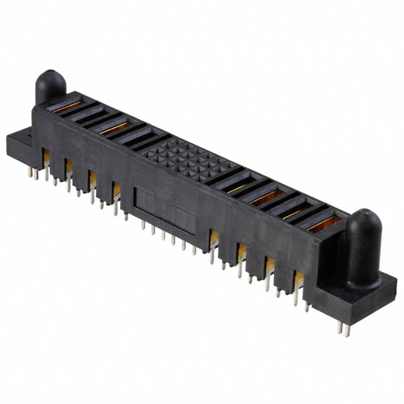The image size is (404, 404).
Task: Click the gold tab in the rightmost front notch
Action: tap(296, 278)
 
